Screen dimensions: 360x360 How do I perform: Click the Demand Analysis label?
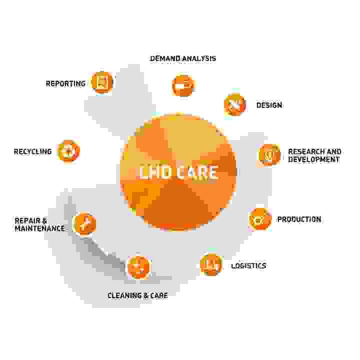tap(183, 58)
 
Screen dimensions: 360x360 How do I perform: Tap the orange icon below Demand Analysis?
tap(183, 85)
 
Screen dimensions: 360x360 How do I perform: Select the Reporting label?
tap(65, 83)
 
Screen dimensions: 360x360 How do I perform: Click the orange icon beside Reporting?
tap(102, 82)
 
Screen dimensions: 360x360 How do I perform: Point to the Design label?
tap(269, 105)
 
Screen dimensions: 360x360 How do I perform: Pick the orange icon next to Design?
tap(235, 104)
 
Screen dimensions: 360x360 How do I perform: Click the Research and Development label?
tap(314, 155)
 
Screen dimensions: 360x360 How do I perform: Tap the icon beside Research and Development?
tap(269, 154)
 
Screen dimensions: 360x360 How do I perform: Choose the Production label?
tap(299, 219)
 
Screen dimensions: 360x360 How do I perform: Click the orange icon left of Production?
tap(260, 219)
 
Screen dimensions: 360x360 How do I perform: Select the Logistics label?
tap(248, 265)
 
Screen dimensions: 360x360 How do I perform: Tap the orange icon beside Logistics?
tap(211, 264)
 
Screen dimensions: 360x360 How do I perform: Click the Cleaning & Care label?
tap(137, 295)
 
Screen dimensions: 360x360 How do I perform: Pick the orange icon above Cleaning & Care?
tap(138, 267)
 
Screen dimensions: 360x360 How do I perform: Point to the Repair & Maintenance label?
tap(39, 224)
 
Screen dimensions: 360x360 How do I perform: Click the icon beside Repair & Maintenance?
tap(84, 223)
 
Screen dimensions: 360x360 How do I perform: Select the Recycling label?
tap(33, 152)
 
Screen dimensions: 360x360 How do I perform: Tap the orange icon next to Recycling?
tap(68, 151)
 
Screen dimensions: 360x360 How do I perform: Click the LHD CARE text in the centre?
tap(178, 172)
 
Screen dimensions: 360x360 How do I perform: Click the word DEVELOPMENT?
tap(313, 159)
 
